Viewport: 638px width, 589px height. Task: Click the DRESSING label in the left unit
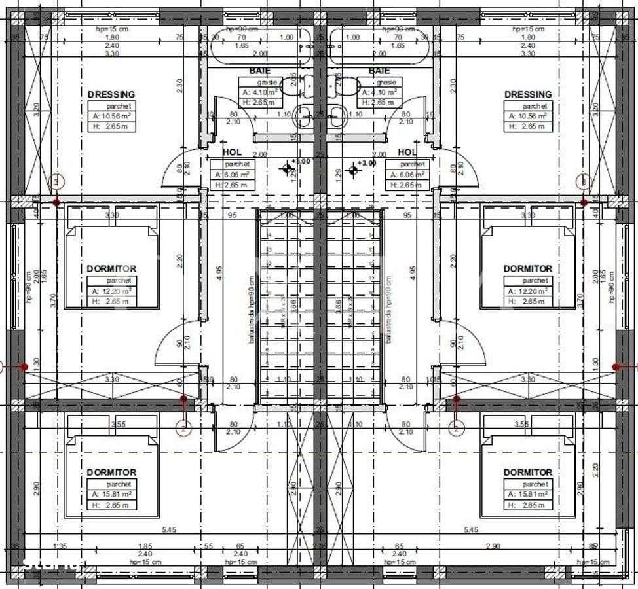[111, 94]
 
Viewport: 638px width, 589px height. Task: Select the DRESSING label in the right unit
[528, 94]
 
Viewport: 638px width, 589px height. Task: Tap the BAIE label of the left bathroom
[259, 71]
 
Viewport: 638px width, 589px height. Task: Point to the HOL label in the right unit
[408, 152]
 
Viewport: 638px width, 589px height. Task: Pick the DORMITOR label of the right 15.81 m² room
[527, 472]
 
